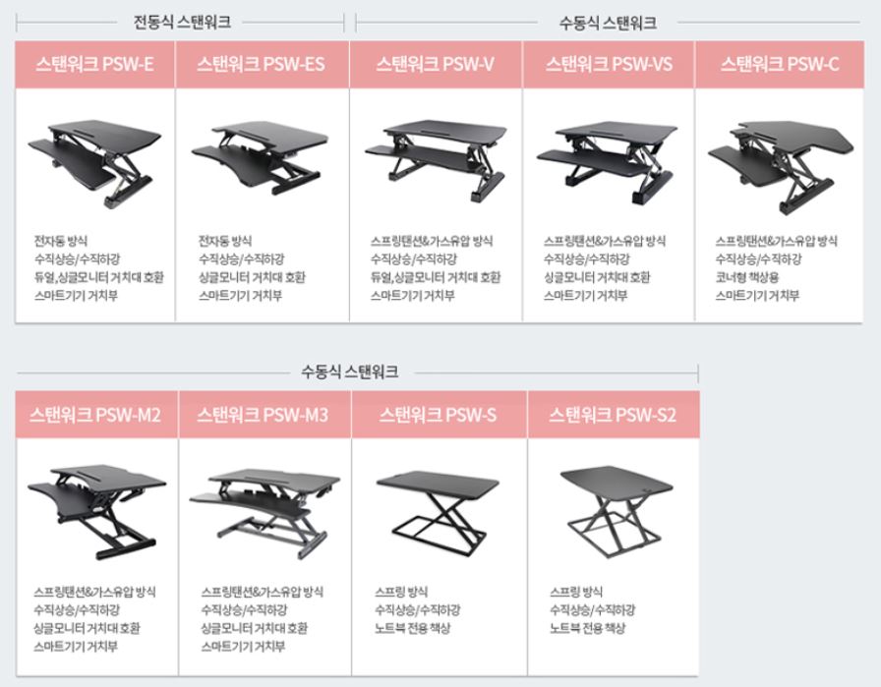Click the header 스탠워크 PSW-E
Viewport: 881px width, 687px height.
94,64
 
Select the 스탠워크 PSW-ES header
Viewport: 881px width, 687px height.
262,64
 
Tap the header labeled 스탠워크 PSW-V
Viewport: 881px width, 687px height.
436,64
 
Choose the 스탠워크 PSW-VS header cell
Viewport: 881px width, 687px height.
609,64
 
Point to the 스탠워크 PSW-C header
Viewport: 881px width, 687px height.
780,64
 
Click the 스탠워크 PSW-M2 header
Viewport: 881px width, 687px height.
96,415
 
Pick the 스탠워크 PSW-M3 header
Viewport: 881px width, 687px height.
264,415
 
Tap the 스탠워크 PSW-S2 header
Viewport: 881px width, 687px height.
613,415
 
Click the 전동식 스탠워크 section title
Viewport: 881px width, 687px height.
182,22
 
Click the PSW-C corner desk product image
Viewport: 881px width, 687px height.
781,166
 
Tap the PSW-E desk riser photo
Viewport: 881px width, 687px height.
94,163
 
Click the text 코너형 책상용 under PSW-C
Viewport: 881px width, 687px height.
746,277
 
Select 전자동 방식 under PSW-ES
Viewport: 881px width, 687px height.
225,241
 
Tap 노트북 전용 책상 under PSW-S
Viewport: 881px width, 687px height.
412,628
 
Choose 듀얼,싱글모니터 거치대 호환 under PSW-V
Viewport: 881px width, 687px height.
436,277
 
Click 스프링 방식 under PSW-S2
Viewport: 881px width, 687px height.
576,592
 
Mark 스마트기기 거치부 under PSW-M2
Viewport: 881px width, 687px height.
76,647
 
